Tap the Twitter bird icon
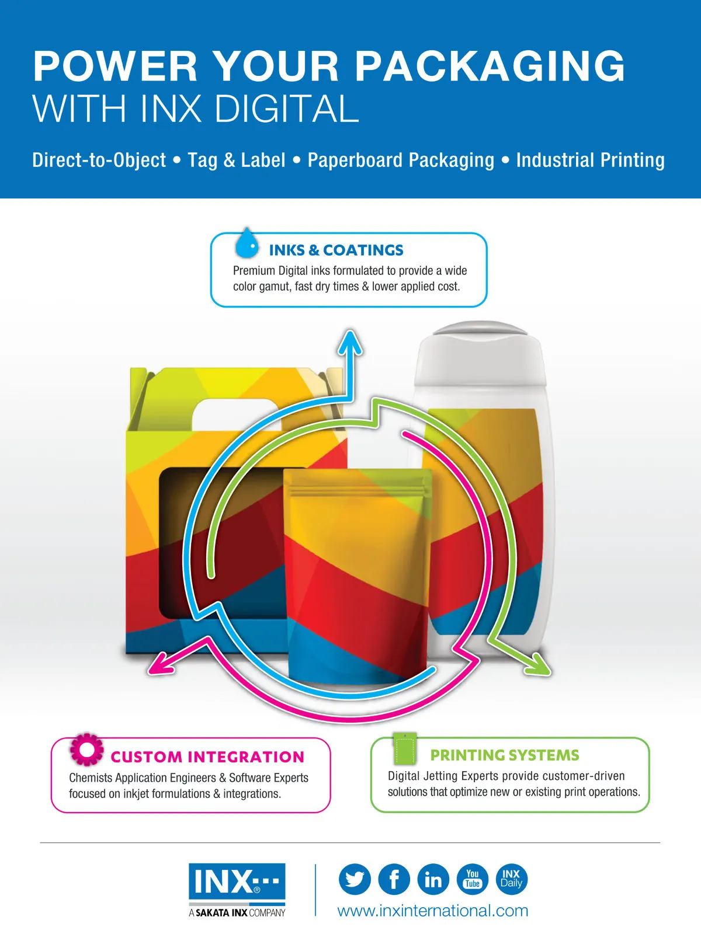(x=355, y=879)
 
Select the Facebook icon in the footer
(x=394, y=879)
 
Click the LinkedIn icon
(x=433, y=879)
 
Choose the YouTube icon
(x=473, y=879)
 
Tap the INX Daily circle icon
(x=512, y=879)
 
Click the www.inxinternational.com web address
(x=433, y=911)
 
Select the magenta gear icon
(x=87, y=750)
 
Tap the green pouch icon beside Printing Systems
(x=404, y=748)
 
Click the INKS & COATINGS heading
(x=336, y=250)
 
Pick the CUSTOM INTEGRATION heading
(x=207, y=757)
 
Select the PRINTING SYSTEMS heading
(x=504, y=755)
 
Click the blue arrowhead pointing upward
(x=350, y=343)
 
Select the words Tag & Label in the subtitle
(x=237, y=161)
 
